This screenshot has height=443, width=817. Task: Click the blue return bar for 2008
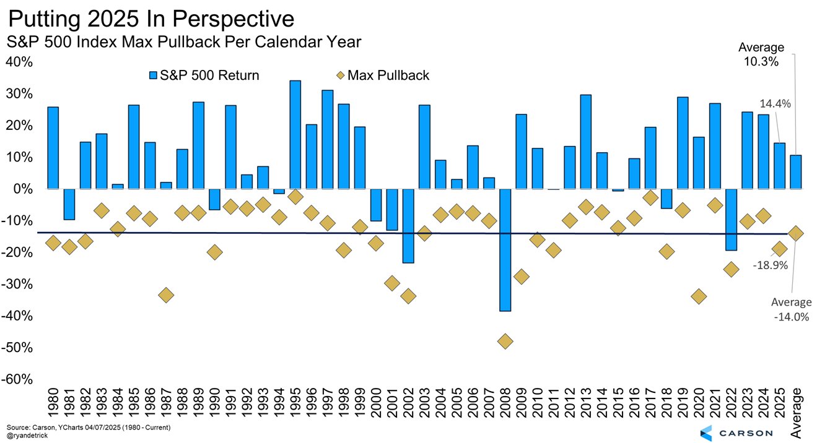(x=505, y=250)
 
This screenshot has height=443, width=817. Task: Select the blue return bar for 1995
(x=295, y=134)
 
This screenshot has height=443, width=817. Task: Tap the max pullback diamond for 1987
(x=166, y=295)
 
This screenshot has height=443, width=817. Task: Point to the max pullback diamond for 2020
(x=699, y=296)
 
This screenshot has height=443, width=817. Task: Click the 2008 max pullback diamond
(x=505, y=341)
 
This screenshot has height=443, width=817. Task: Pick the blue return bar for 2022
(x=731, y=220)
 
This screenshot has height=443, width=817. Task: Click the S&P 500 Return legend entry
(x=204, y=75)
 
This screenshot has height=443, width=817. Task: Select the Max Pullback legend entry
(x=382, y=75)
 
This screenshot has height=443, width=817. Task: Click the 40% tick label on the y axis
(x=20, y=62)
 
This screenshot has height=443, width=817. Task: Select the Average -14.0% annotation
(x=790, y=309)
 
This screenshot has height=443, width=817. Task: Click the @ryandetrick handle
(x=27, y=436)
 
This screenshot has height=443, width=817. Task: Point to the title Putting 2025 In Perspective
(x=151, y=19)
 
